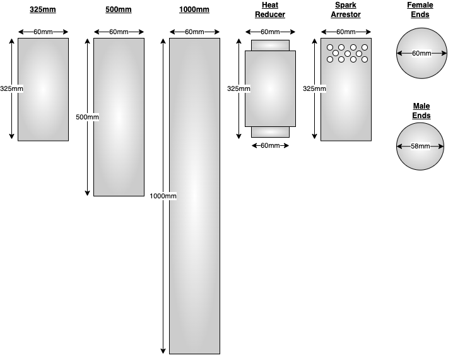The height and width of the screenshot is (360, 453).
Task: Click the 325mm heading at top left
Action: pos(42,10)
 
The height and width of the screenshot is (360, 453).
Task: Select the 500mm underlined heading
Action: pos(118,10)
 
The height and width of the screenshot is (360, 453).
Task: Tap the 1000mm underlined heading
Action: pos(194,10)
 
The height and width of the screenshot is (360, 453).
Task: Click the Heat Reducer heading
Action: pos(270,10)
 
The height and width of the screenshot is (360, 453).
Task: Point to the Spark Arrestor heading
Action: pos(346,10)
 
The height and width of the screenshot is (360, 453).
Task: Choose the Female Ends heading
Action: pos(420,10)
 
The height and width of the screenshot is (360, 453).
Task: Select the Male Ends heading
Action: pos(421,111)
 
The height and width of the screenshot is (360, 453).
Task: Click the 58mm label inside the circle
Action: pos(421,146)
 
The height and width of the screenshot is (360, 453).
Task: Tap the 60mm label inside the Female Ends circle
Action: pos(421,54)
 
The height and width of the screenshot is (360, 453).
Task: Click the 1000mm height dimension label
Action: pos(163,196)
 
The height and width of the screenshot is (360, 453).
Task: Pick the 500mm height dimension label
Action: pos(87,117)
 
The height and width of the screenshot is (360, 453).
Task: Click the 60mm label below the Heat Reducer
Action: pos(270,146)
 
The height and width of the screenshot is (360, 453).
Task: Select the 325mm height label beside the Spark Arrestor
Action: pos(314,89)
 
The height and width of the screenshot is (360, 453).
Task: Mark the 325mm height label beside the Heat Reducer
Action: pos(238,89)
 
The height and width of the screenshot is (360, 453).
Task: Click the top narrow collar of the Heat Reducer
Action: pos(270,45)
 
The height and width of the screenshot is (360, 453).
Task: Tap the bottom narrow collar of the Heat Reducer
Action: pos(270,132)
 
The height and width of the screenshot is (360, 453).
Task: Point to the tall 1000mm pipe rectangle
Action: pos(194,253)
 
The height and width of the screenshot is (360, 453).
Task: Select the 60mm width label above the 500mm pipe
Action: pos(119,32)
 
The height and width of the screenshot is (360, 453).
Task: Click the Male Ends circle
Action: pos(421,158)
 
